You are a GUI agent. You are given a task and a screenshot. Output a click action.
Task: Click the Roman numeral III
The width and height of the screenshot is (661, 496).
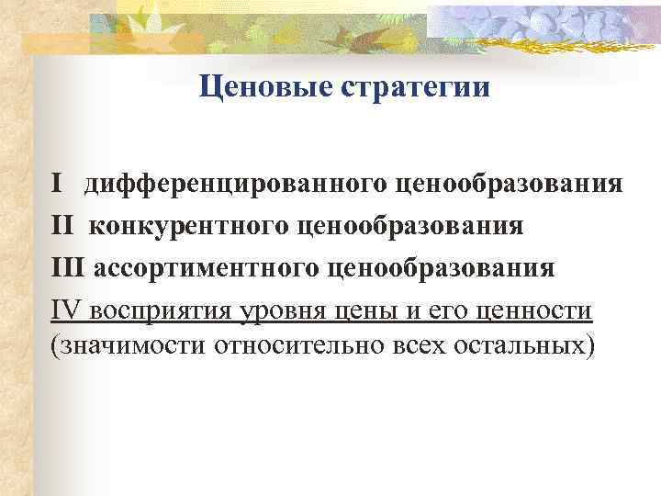(x=68, y=268)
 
